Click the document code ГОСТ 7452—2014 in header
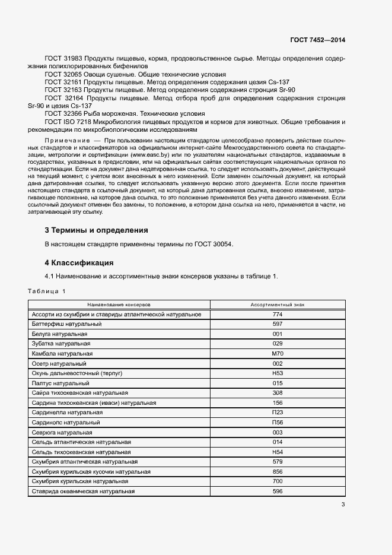point(317,40)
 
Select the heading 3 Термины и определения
point(96,230)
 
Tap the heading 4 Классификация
point(79,262)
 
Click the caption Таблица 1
point(47,291)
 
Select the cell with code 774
point(277,314)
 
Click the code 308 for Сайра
point(277,392)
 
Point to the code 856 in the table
point(277,471)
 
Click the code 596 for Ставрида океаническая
point(277,491)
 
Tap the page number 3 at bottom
point(343,505)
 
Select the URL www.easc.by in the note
point(149,154)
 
